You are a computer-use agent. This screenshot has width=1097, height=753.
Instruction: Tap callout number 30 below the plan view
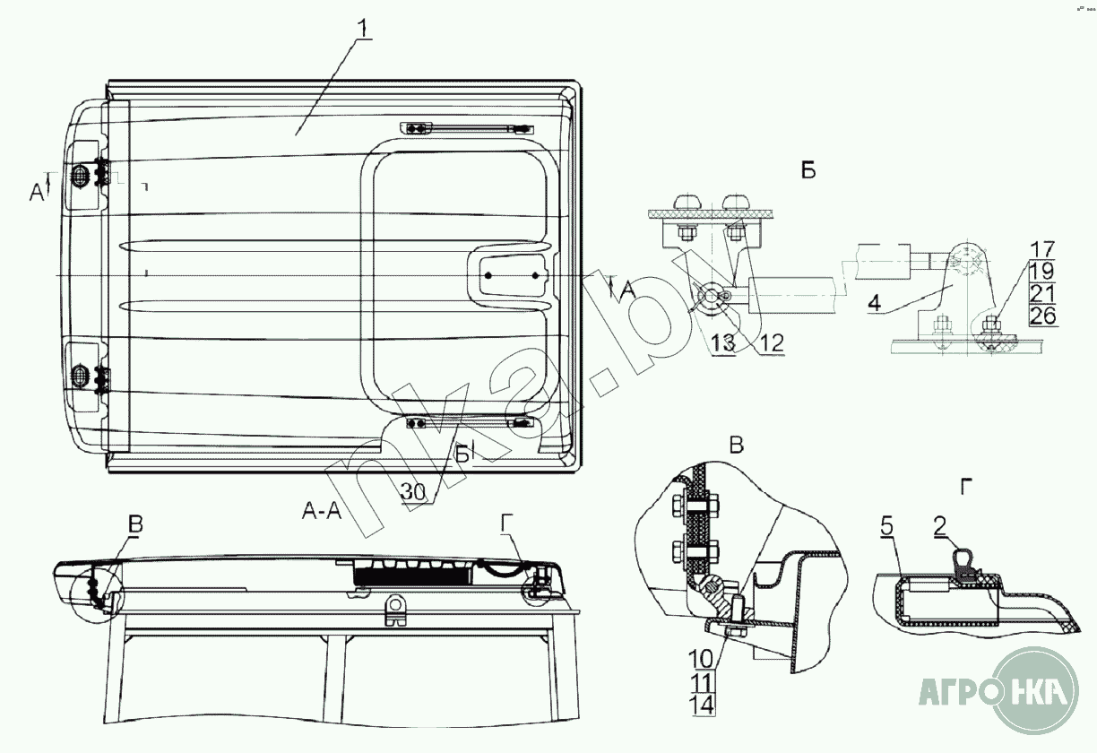412,492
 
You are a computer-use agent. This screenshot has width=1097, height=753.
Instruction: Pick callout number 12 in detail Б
772,342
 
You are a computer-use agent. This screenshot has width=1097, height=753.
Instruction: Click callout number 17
1042,249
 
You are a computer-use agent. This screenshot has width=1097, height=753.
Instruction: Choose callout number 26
1042,316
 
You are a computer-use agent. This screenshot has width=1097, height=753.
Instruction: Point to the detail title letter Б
808,171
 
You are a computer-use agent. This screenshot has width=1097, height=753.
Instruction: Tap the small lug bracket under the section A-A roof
395,611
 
